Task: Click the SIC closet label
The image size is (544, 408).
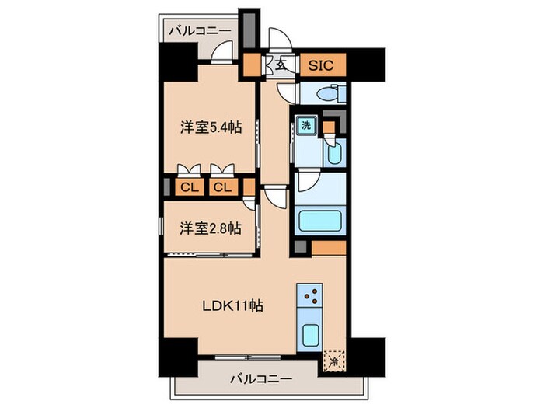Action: [x=320, y=65]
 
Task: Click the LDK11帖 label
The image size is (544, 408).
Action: [x=232, y=305]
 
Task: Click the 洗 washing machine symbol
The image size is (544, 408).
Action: [x=306, y=125]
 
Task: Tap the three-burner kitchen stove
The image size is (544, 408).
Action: [x=309, y=297]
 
